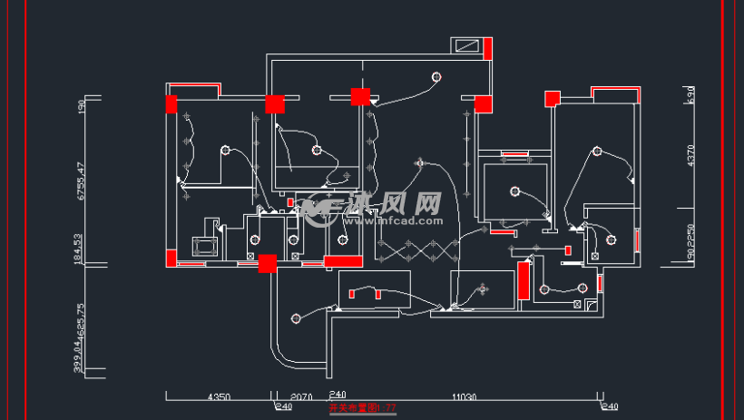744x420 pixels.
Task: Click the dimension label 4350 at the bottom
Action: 220,396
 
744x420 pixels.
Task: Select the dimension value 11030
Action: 464,396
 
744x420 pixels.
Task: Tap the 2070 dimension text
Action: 300,396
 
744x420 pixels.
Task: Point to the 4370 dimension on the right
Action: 690,156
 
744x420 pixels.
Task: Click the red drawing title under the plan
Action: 362,408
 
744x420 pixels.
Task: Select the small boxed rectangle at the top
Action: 468,45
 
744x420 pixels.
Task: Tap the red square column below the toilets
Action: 268,263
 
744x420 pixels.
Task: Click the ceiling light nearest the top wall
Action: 437,76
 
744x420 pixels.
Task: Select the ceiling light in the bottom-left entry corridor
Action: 296,318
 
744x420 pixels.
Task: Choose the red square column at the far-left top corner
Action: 171,104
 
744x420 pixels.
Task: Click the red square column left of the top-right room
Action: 550,98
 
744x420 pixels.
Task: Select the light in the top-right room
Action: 598,151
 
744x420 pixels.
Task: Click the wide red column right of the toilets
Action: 344,261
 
